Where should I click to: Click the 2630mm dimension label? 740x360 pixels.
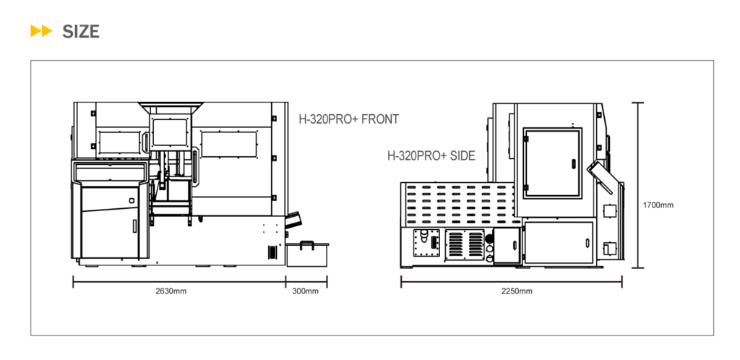(171, 291)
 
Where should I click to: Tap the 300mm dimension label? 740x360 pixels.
(306, 291)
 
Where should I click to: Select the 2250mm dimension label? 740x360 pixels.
(517, 291)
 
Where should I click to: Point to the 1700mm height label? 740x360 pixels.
(658, 205)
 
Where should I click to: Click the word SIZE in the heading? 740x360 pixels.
(81, 32)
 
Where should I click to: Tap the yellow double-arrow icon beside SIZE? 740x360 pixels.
(41, 31)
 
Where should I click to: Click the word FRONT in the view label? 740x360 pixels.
(379, 119)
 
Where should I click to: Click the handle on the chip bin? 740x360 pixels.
(306, 243)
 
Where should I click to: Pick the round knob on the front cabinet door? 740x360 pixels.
(132, 200)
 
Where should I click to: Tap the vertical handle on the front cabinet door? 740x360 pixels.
(134, 226)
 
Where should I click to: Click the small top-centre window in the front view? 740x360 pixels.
(170, 132)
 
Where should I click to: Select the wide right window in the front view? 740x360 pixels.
(229, 144)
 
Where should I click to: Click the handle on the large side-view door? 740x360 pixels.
(574, 164)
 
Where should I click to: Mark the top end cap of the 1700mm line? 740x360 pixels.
(637, 103)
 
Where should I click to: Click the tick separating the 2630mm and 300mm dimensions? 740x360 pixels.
(285, 282)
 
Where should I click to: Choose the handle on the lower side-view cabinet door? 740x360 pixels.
(588, 242)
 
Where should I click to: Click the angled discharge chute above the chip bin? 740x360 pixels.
(293, 219)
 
